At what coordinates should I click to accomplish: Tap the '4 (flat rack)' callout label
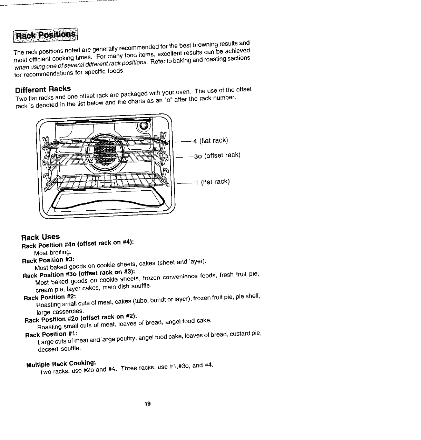210,140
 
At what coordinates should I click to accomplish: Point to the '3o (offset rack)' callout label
217,156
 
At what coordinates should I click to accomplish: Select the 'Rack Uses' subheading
40,237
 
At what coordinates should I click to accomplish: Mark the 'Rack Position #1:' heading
51,334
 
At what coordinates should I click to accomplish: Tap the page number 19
148,404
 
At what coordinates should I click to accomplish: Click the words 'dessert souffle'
59,349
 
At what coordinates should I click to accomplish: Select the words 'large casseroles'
60,312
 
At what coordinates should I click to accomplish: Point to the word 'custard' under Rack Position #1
239,335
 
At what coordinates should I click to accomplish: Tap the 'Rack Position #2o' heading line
81,318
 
